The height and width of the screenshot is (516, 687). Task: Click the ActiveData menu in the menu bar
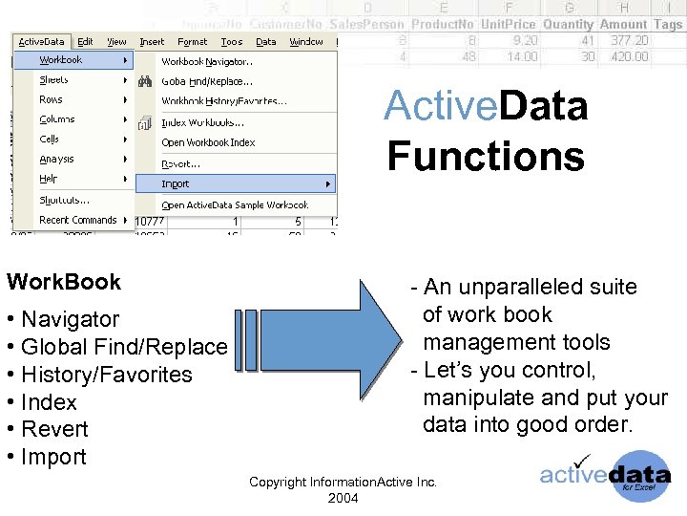tap(41, 42)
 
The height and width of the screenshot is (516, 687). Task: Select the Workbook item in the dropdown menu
tap(61, 60)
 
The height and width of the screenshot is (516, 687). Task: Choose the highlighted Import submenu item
tap(176, 183)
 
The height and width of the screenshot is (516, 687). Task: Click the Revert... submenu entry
tap(180, 163)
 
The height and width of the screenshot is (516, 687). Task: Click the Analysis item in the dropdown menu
tap(57, 160)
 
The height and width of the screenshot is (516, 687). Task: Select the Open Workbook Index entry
tap(208, 142)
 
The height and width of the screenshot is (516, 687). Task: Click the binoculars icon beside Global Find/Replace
tap(145, 82)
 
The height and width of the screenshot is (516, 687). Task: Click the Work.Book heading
tap(64, 282)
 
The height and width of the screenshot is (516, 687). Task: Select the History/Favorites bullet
tap(106, 375)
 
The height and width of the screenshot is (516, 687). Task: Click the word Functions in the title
tap(486, 156)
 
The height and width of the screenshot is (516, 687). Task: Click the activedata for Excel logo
tap(605, 476)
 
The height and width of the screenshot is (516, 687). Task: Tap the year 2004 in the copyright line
tap(343, 498)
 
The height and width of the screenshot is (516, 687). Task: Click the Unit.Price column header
tap(509, 24)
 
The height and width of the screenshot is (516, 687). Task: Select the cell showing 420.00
tap(629, 56)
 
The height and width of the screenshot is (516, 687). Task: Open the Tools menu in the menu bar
tap(232, 42)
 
